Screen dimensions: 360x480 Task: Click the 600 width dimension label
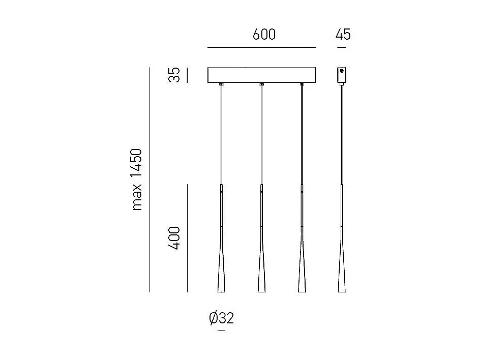[264, 35]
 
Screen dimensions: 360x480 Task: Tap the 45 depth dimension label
[343, 35]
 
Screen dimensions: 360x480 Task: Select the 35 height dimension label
[175, 75]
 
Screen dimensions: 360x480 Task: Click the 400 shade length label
[175, 238]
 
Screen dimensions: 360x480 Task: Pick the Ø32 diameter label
[221, 319]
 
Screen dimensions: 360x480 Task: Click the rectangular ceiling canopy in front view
[261, 75]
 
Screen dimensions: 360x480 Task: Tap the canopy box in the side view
[342, 75]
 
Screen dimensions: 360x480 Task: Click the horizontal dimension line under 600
[261, 47]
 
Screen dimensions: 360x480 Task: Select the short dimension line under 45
[342, 47]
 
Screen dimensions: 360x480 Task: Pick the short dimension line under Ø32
[221, 331]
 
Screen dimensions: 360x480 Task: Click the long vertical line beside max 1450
[149, 179]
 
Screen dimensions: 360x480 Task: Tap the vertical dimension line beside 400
[187, 238]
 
